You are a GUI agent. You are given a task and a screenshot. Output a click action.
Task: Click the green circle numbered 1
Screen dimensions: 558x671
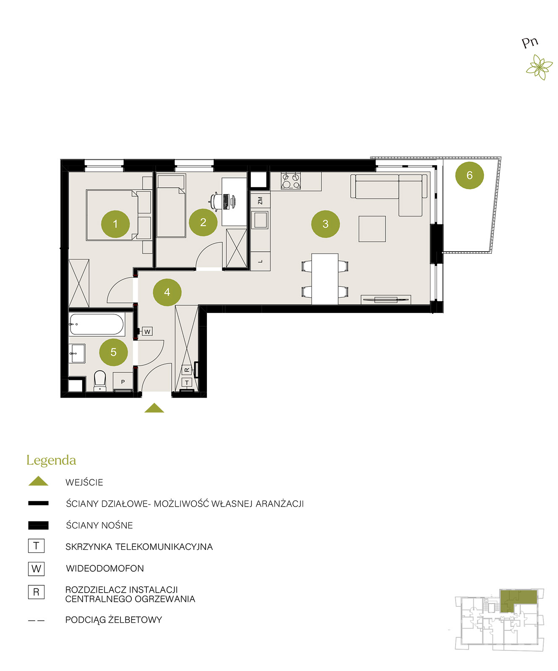(x=115, y=224)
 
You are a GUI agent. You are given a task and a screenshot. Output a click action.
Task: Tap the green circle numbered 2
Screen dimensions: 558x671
(x=203, y=222)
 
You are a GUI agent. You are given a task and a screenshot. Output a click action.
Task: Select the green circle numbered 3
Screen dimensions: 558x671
(x=325, y=224)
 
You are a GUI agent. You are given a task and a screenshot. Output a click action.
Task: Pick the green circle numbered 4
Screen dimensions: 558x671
(x=167, y=292)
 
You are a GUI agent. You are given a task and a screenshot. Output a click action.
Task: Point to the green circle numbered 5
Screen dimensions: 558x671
(x=113, y=352)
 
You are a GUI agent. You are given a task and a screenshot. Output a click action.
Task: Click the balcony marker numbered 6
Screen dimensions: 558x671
(x=469, y=175)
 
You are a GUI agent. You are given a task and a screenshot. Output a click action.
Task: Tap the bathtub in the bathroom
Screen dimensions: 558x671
(x=96, y=324)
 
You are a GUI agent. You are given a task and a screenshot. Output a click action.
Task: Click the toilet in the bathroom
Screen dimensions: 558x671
(x=100, y=380)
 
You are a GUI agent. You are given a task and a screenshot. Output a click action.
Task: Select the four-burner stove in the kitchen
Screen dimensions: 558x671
(x=291, y=180)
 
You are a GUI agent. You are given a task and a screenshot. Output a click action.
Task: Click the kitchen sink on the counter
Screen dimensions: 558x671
(x=260, y=220)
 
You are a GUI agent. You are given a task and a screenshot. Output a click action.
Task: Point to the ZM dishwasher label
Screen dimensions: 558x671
(x=260, y=200)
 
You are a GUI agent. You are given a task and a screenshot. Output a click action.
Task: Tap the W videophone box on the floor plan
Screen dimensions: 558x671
(x=147, y=331)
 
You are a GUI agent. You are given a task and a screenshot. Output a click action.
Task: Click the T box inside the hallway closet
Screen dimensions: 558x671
(x=187, y=382)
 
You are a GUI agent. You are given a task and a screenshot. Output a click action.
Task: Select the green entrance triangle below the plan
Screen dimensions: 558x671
(x=154, y=408)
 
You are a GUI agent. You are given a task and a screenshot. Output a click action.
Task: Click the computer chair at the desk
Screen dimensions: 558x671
(x=216, y=201)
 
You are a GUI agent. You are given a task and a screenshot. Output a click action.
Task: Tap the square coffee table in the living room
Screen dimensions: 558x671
(x=372, y=229)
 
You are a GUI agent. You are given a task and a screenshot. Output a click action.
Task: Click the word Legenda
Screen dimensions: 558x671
(x=51, y=460)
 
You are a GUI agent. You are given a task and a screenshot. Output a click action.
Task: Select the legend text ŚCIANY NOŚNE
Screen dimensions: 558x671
(x=99, y=525)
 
